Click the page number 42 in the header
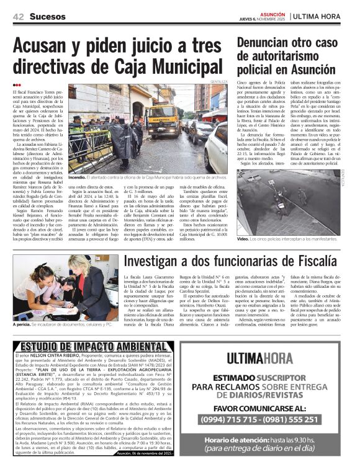click(18, 15)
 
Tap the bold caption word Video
click(243, 239)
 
